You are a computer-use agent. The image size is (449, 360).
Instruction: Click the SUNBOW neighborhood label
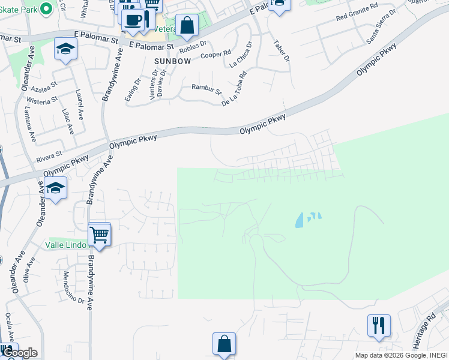click(x=172, y=61)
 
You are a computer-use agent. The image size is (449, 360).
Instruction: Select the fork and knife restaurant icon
click(x=379, y=325)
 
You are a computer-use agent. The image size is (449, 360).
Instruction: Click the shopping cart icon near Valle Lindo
click(x=100, y=234)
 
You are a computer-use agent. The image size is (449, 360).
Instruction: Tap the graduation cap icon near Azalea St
click(x=65, y=49)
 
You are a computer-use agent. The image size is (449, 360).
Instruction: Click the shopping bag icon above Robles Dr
click(x=187, y=25)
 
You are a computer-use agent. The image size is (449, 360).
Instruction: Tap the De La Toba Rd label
click(x=234, y=89)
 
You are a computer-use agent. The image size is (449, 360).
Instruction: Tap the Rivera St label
click(x=49, y=157)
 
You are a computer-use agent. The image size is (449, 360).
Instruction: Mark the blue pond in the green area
click(x=301, y=221)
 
